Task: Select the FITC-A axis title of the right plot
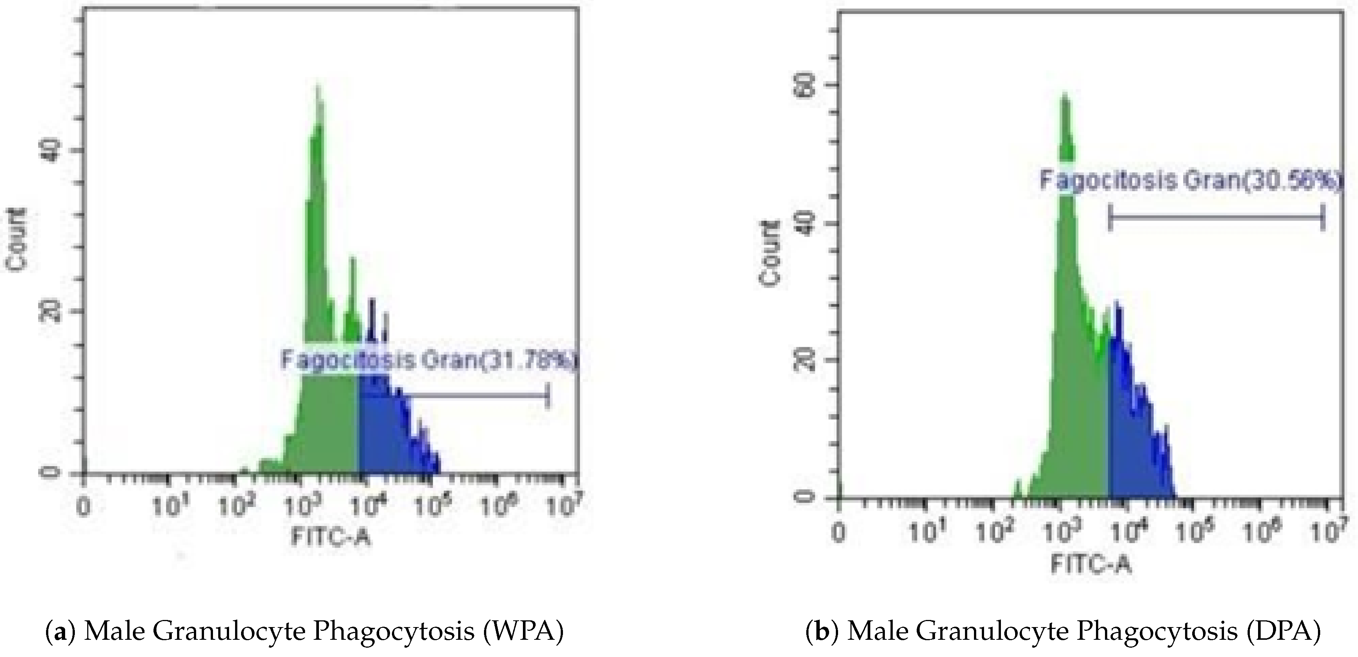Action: tap(1091, 564)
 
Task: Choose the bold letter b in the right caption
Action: tap(822, 631)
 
